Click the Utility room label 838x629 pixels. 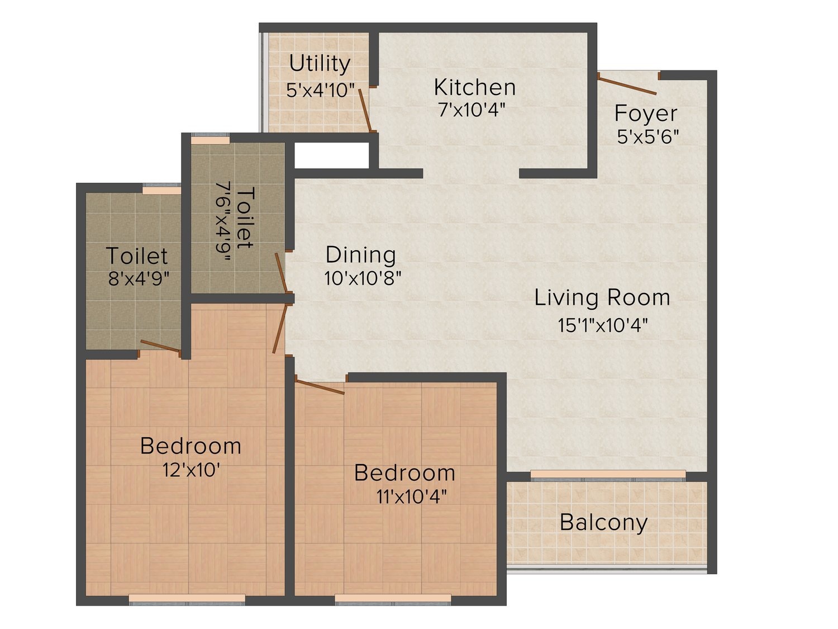pyautogui.click(x=320, y=64)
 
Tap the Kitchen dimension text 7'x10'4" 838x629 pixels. pyautogui.click(x=472, y=110)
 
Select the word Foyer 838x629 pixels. pyautogui.click(x=646, y=113)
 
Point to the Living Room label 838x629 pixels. pyautogui.click(x=602, y=297)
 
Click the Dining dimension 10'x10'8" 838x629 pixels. pyautogui.click(x=363, y=278)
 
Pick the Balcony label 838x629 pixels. pyautogui.click(x=603, y=522)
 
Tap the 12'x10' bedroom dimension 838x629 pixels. pyautogui.click(x=191, y=470)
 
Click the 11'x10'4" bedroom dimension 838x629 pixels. pyautogui.click(x=411, y=497)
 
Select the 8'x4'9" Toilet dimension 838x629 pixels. pyautogui.click(x=139, y=278)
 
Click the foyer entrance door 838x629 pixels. pyautogui.click(x=628, y=83)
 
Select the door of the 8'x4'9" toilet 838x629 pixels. pyautogui.click(x=160, y=347)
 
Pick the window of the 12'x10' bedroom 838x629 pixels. pyautogui.click(x=187, y=599)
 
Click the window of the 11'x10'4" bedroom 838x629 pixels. pyautogui.click(x=393, y=599)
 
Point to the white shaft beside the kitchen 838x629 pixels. pyautogui.click(x=332, y=155)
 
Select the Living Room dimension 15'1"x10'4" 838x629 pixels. pyautogui.click(x=603, y=325)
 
